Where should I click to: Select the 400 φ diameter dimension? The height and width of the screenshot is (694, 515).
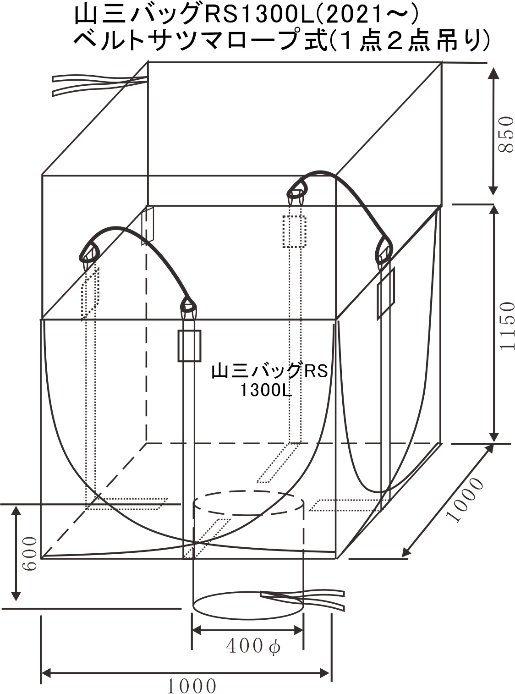pos(253,645)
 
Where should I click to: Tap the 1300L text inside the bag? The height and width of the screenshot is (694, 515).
pos(266,391)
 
